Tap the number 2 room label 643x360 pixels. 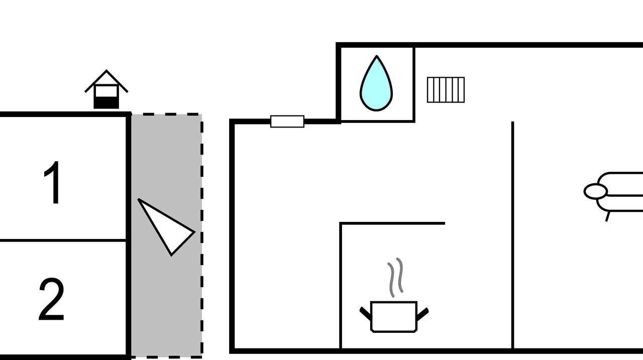(52, 299)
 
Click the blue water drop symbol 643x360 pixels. (376, 83)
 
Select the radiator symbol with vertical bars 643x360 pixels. (446, 90)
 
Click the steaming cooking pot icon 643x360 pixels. (394, 295)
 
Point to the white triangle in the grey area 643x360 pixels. (166, 226)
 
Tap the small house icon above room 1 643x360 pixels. (106, 89)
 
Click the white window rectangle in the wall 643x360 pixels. (287, 122)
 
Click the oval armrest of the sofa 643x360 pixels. (596, 191)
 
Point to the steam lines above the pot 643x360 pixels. (395, 277)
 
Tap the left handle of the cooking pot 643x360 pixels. (365, 313)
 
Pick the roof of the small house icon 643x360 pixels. (106, 80)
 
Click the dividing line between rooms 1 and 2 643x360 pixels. (63, 241)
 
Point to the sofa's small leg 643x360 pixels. (607, 216)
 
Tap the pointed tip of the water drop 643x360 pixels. (377, 56)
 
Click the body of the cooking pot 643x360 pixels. (394, 317)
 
